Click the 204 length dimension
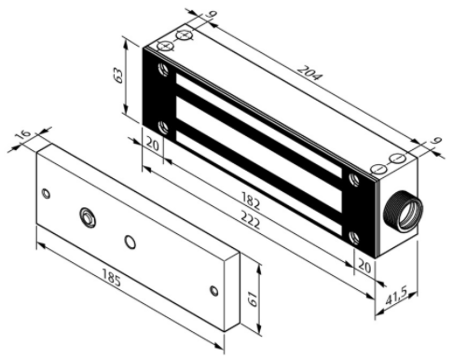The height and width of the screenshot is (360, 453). tap(304, 74)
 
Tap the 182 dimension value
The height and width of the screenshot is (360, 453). tap(252, 201)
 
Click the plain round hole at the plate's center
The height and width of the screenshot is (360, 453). tap(130, 242)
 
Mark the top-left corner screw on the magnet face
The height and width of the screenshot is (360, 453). tap(164, 69)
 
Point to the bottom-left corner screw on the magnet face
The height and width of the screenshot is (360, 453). tap(164, 126)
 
